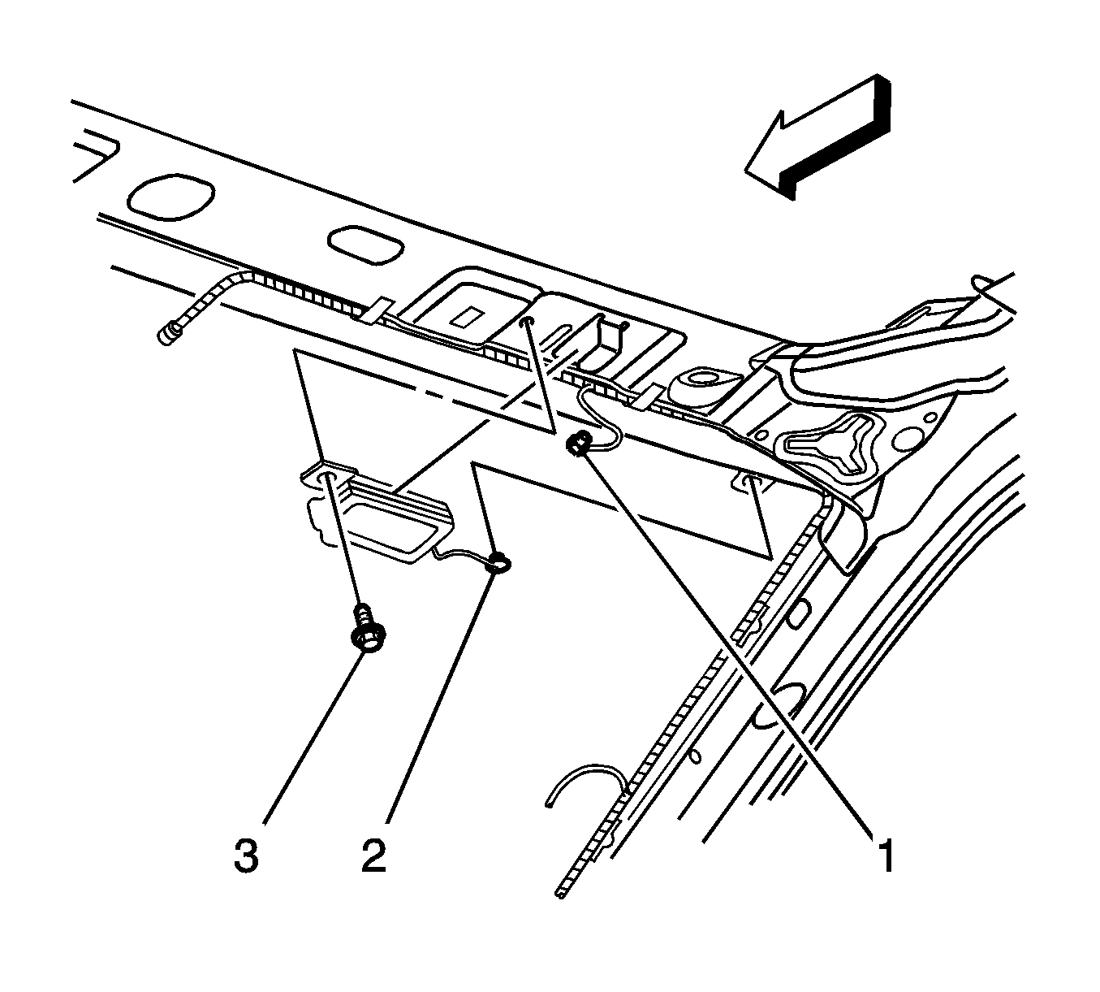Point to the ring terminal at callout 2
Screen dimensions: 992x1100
500,561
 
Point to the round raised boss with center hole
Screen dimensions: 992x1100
703,383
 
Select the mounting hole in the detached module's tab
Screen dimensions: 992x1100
329,478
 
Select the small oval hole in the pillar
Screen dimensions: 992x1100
694,755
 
